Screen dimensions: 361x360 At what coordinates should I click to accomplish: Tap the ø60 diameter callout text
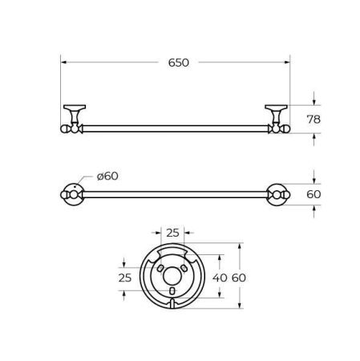click(107, 176)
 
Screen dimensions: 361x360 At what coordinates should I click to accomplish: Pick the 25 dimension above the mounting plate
click(172, 232)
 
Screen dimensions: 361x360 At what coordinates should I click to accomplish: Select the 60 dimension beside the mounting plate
click(238, 277)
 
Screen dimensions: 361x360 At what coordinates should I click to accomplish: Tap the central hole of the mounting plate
click(172, 277)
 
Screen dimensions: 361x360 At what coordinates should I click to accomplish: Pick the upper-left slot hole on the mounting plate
click(160, 264)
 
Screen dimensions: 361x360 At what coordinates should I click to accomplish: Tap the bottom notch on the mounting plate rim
click(172, 306)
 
